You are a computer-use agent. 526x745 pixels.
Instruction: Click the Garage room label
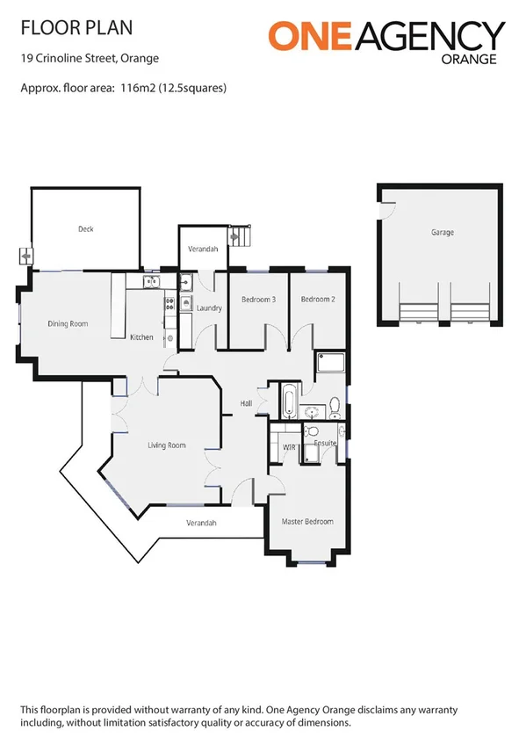442,233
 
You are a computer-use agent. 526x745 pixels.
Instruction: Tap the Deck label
85,229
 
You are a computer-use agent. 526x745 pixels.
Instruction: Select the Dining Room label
68,324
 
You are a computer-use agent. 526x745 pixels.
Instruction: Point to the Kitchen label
141,337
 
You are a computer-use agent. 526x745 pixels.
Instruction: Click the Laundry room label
209,308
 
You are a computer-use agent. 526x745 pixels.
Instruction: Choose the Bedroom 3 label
259,300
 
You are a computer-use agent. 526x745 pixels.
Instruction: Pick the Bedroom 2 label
318,300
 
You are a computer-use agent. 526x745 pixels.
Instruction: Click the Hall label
247,404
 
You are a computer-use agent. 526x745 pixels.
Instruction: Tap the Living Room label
166,445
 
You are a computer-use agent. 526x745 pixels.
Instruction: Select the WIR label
289,447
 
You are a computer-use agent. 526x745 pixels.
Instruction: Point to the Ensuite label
326,444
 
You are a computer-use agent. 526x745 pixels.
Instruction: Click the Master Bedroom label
307,522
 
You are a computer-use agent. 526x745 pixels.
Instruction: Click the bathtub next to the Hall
288,401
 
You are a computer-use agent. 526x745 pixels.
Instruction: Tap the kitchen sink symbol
149,282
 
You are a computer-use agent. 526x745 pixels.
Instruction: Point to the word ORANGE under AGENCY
470,61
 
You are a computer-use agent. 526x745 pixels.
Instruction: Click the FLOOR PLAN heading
76,28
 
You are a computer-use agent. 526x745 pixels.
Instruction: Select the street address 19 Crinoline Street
75,60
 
